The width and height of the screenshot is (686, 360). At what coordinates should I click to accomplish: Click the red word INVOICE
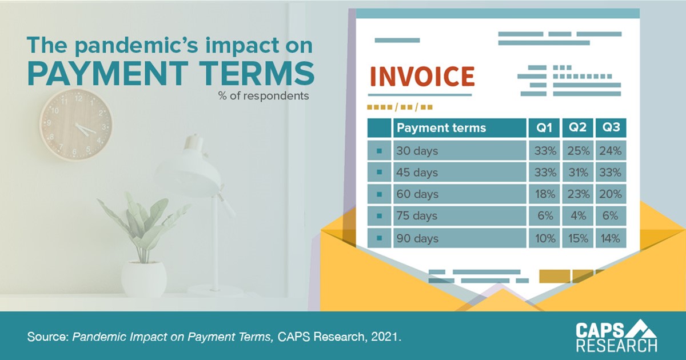click(x=422, y=76)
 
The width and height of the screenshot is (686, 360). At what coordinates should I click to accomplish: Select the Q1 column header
click(x=544, y=127)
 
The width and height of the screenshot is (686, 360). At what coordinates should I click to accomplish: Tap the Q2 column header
click(x=577, y=127)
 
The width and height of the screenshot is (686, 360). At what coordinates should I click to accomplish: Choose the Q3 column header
click(x=611, y=127)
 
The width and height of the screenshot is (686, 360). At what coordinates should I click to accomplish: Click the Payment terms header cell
click(x=460, y=127)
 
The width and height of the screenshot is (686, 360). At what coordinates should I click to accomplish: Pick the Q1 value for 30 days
click(x=545, y=151)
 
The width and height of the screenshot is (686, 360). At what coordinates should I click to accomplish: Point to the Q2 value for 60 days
click(x=578, y=194)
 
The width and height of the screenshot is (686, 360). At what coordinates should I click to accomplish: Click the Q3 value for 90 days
click(x=610, y=238)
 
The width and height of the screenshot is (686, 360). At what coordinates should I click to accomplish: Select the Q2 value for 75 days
click(x=578, y=216)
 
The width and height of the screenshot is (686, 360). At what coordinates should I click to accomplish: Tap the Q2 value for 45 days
click(x=578, y=173)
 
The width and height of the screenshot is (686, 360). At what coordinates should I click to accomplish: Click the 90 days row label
click(x=417, y=238)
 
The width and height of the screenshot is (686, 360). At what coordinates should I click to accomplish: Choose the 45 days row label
click(x=417, y=173)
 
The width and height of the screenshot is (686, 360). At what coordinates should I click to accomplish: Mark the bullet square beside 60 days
click(x=380, y=194)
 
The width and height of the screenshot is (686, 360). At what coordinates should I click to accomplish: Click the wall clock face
click(x=75, y=125)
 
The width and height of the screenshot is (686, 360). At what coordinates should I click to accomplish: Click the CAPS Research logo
click(x=616, y=335)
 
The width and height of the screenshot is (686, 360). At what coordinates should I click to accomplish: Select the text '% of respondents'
click(x=264, y=96)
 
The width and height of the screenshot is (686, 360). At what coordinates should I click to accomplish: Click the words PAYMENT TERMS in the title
click(x=171, y=74)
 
